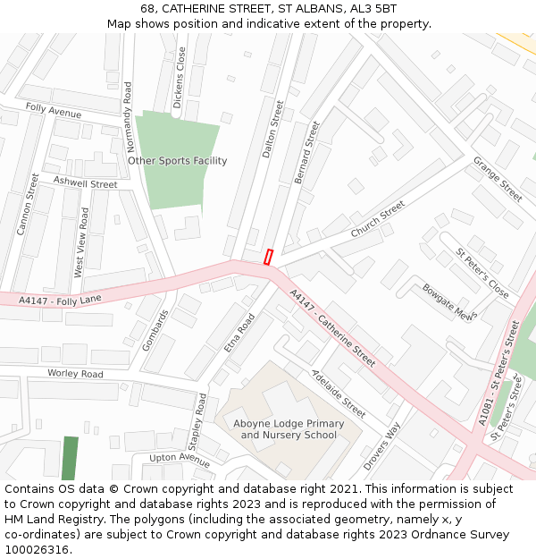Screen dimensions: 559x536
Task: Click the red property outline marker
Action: [268, 257]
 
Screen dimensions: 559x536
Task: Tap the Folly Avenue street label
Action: [53, 111]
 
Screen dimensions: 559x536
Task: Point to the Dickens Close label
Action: [179, 78]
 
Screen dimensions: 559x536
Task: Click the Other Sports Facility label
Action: [178, 161]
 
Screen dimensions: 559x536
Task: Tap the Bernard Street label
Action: [306, 152]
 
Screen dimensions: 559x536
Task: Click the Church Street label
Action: [378, 219]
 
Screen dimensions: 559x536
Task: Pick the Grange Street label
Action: [498, 179]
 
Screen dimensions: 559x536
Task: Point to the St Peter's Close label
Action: [482, 274]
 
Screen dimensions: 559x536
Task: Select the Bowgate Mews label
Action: [449, 302]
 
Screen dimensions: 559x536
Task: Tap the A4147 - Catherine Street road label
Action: [333, 327]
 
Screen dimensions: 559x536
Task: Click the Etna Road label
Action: [239, 333]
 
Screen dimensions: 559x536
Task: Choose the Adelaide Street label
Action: [339, 394]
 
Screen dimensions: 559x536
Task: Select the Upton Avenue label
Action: [180, 458]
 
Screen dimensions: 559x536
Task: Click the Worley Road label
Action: [75, 373]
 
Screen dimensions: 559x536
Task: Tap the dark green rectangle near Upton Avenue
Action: [70, 458]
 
